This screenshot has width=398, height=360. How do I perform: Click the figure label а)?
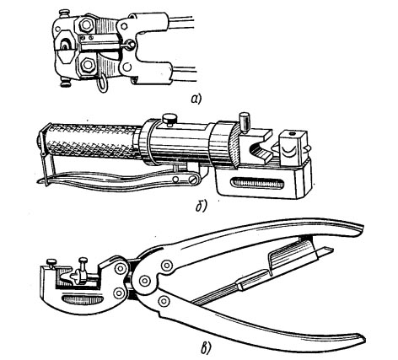[196, 99]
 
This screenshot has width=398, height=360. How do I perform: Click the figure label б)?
[202, 207]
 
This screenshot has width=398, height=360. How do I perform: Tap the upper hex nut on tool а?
[87, 24]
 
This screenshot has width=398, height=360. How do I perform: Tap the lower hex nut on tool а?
[87, 66]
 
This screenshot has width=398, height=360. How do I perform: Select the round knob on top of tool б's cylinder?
[169, 118]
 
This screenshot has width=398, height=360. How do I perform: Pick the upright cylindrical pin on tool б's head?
[244, 121]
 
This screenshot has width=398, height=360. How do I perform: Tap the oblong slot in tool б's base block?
[257, 184]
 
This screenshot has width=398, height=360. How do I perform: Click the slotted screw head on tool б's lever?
[193, 180]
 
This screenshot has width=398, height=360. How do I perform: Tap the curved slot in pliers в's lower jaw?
[82, 299]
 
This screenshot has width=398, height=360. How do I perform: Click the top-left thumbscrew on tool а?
[64, 13]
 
